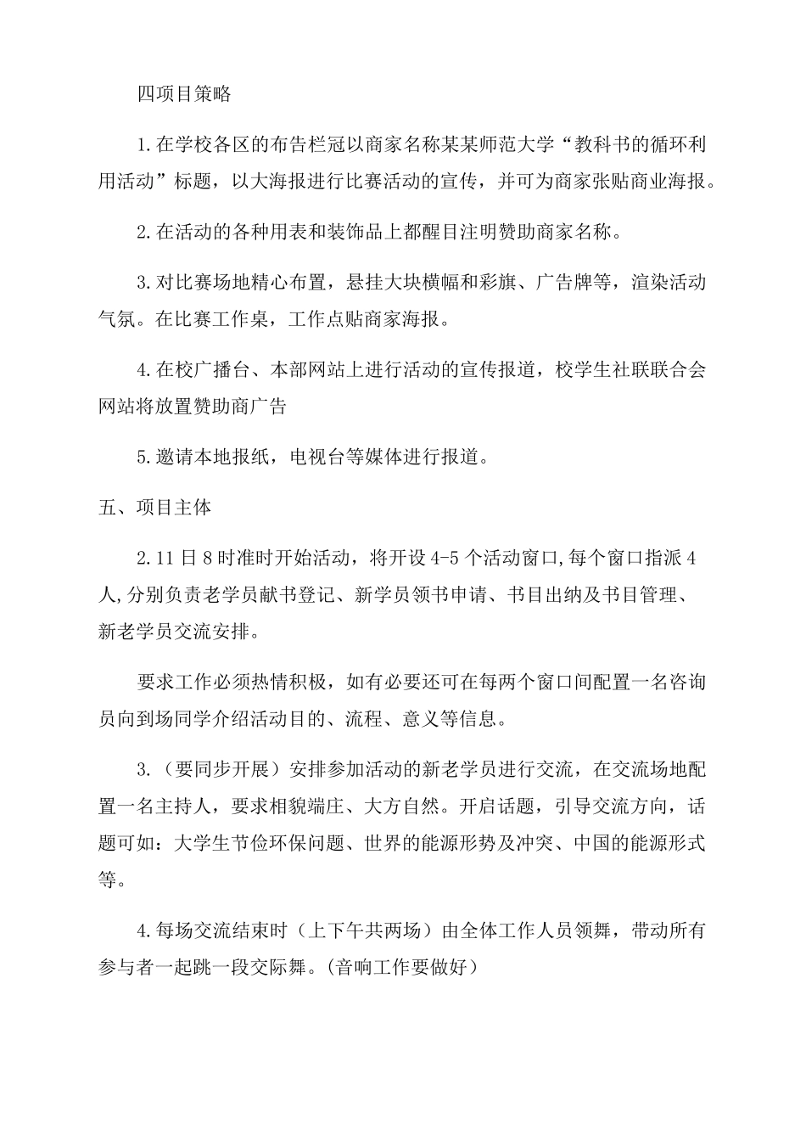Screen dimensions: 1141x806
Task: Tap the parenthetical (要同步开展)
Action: click(x=218, y=770)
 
